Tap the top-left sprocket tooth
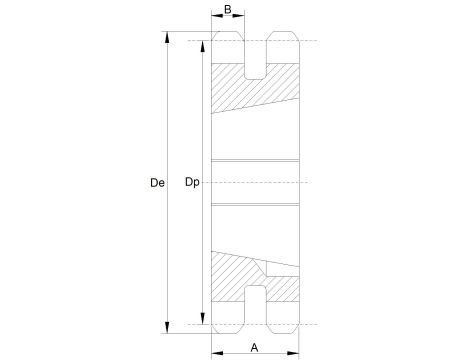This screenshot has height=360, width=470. [x=228, y=51]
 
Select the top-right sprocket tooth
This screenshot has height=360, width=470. [x=284, y=51]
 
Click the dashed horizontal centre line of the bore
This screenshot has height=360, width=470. [x=256, y=182]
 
